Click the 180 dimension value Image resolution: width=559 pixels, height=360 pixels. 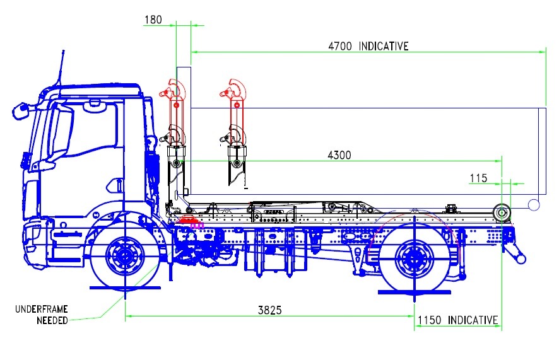(153, 20)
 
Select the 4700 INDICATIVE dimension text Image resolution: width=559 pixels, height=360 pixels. (368, 46)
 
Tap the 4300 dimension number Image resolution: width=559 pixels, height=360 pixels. (339, 155)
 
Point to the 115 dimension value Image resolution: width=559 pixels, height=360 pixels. (478, 178)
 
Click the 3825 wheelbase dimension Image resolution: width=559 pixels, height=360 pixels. (270, 310)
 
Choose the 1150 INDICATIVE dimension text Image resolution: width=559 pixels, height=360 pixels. (458, 320)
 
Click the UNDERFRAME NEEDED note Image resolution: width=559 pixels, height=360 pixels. (42, 315)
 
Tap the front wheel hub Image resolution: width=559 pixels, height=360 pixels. (125, 255)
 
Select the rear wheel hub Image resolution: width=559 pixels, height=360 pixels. (415, 258)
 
